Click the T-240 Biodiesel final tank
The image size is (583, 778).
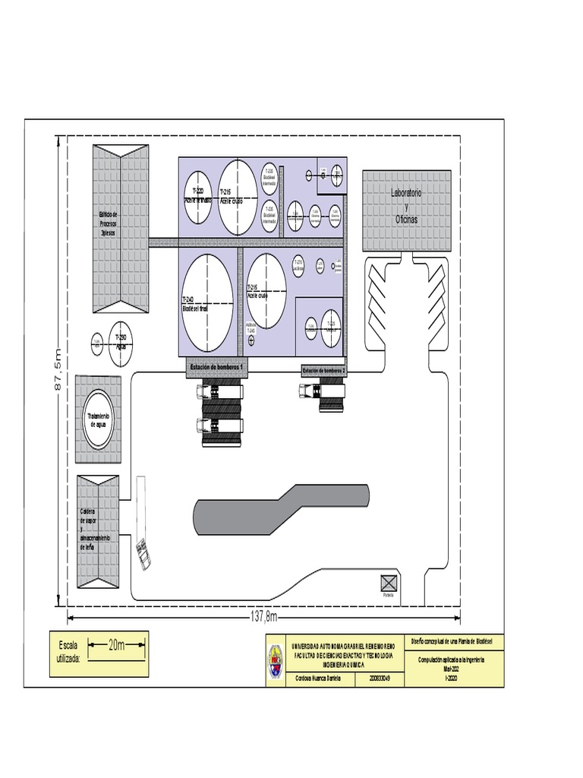click(207, 301)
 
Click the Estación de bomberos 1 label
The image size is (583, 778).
click(217, 368)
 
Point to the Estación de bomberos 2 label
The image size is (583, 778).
click(324, 371)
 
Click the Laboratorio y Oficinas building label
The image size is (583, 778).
click(406, 206)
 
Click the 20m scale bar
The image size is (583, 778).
click(116, 646)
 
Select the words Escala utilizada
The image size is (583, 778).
click(68, 651)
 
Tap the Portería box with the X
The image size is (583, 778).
click(389, 583)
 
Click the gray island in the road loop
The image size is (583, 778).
click(281, 508)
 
